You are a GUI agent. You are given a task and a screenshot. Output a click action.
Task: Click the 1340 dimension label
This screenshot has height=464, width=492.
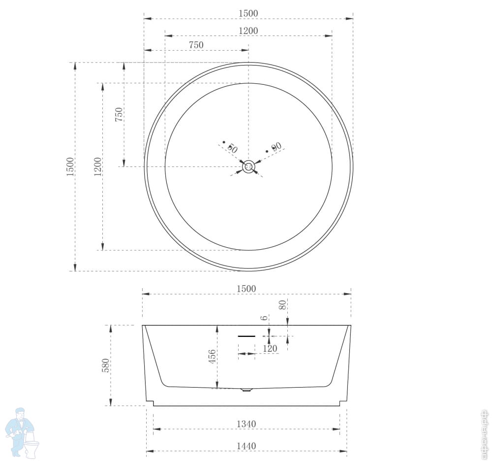coord(246,424)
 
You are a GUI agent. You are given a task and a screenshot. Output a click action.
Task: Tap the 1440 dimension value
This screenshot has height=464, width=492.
coord(246,446)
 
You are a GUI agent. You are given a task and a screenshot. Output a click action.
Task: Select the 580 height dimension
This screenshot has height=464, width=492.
coord(106,365)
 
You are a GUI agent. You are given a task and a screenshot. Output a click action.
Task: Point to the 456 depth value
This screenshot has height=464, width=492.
coord(213,357)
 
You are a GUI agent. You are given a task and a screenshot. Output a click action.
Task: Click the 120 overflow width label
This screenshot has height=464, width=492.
coord(270,348)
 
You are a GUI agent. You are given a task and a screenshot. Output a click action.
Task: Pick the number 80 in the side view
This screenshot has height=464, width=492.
coord(283,305)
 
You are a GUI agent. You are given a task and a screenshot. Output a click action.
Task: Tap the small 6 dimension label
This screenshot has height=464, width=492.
coord(265,318)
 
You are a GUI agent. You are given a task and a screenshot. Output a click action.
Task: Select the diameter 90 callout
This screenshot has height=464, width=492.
coord(275,147)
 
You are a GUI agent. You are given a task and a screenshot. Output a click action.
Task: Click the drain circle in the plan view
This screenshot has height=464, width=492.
coord(248,166)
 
